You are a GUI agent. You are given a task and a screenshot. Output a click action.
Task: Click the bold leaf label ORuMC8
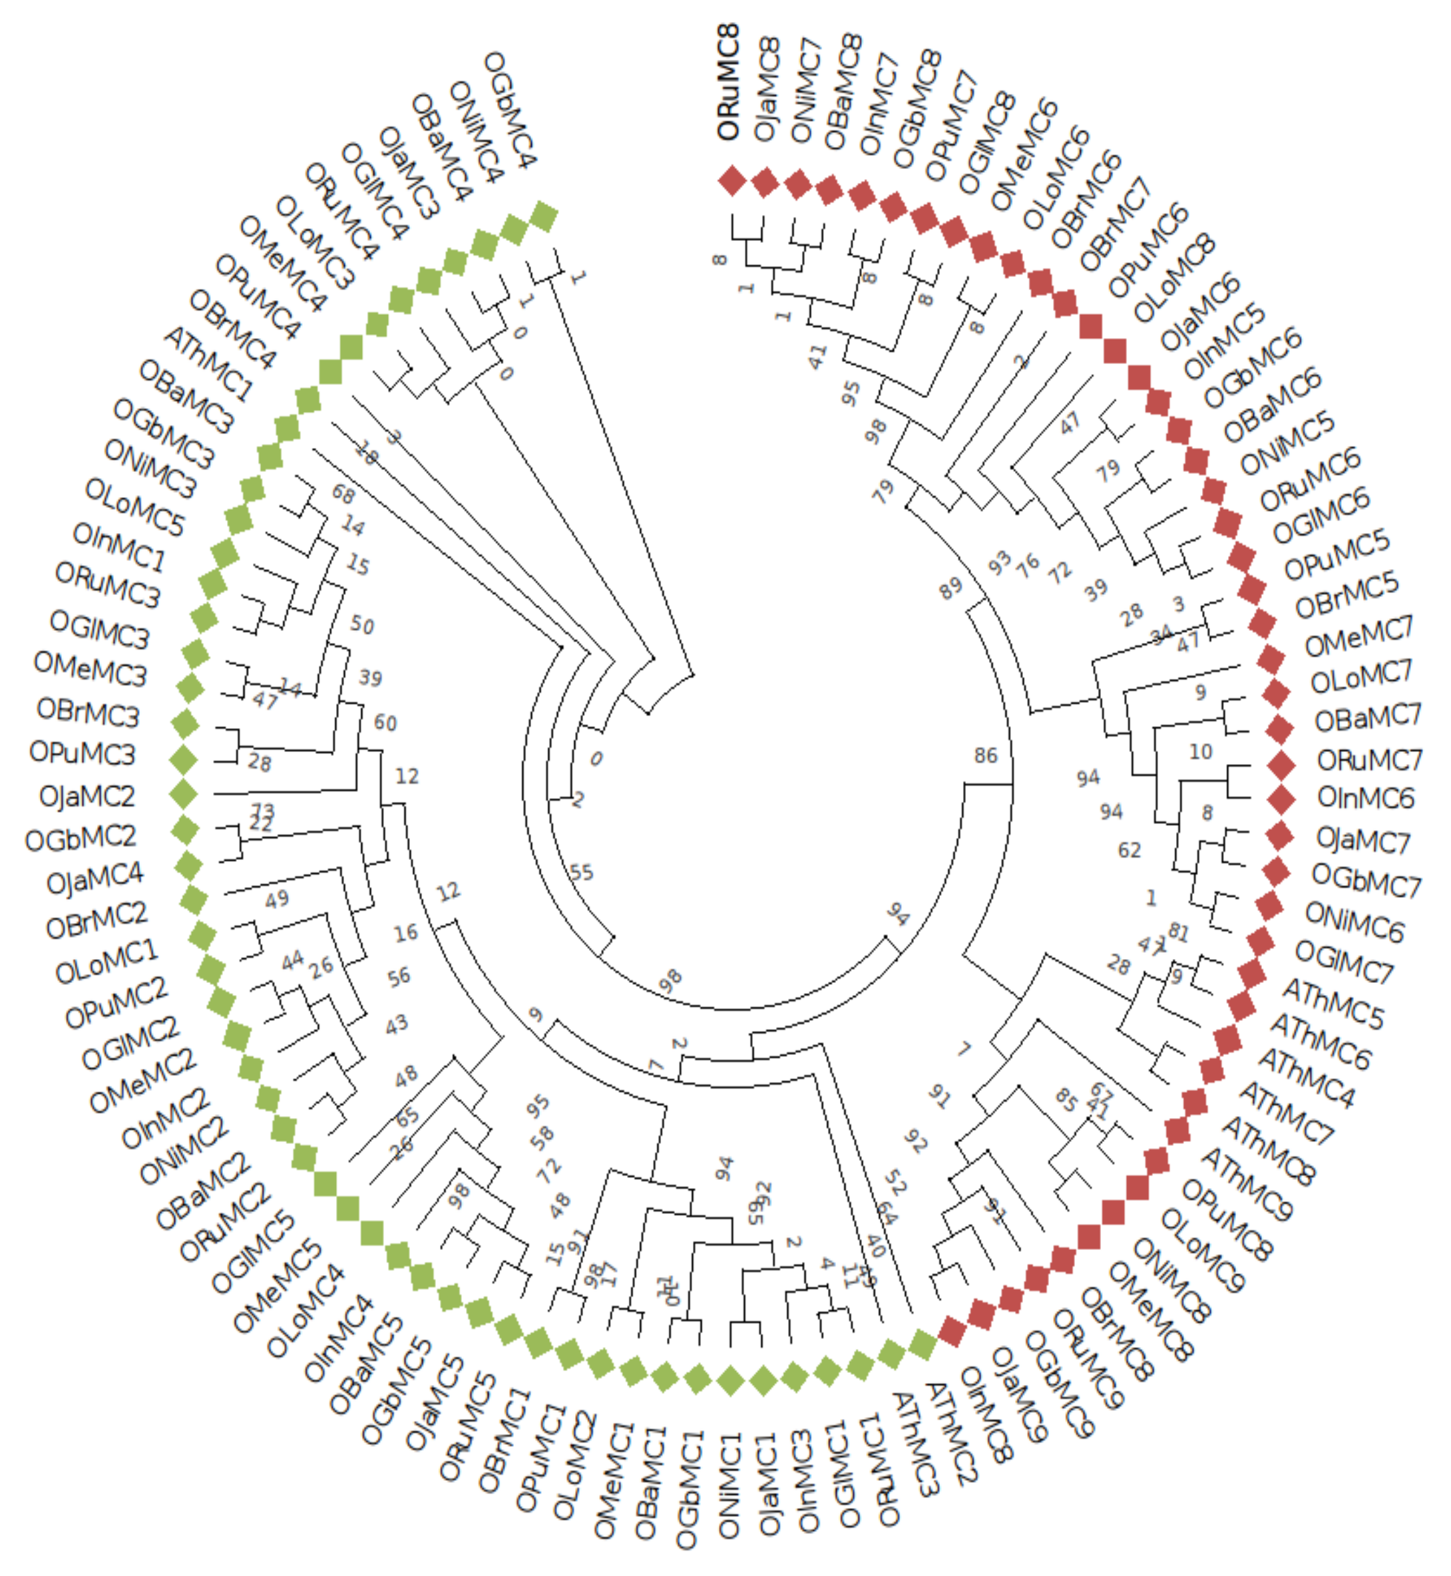(x=729, y=83)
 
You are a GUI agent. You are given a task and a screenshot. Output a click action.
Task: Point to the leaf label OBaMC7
(x=1368, y=719)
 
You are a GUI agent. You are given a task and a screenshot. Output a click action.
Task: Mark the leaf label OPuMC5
(x=1337, y=554)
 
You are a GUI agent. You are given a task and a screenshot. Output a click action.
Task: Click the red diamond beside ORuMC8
(x=731, y=180)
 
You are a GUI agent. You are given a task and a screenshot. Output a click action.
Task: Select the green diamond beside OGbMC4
(x=544, y=217)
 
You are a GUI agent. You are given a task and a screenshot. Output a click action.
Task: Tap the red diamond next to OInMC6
(x=1281, y=799)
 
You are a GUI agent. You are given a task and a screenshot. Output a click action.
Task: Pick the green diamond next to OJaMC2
(x=184, y=794)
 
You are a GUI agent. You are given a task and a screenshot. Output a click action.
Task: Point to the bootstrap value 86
(x=985, y=755)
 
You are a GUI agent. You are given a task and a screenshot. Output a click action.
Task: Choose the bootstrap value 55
(x=582, y=873)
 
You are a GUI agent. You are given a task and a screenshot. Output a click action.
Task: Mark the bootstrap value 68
(x=344, y=494)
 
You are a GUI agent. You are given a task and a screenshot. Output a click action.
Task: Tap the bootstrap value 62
(x=1129, y=851)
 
